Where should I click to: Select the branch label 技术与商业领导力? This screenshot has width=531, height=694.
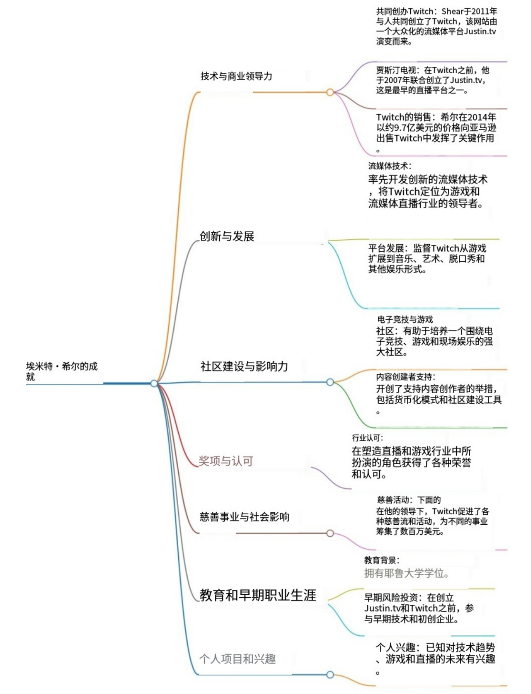pyautogui.click(x=236, y=76)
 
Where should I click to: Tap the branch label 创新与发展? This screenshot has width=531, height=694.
pyautogui.click(x=227, y=236)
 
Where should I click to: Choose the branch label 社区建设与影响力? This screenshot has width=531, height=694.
pyautogui.click(x=244, y=366)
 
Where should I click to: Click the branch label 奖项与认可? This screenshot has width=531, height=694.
pyautogui.click(x=226, y=461)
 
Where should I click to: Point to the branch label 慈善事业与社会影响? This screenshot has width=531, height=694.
pyautogui.click(x=244, y=517)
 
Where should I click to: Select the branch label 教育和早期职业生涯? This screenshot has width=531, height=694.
pyautogui.click(x=258, y=595)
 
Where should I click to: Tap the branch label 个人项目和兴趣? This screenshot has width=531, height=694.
pyautogui.click(x=237, y=659)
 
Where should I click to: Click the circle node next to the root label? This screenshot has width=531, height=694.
pyautogui.click(x=154, y=383)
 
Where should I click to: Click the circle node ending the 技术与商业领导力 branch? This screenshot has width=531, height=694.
pyautogui.click(x=330, y=92)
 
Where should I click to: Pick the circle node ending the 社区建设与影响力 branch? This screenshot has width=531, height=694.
pyautogui.click(x=330, y=382)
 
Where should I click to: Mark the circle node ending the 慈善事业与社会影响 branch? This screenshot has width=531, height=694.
pyautogui.click(x=330, y=533)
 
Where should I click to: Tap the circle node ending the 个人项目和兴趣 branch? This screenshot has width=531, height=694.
pyautogui.click(x=330, y=675)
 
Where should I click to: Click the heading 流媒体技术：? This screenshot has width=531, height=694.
pyautogui.click(x=390, y=166)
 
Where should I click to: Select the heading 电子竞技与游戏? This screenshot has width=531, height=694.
pyautogui.click(x=405, y=319)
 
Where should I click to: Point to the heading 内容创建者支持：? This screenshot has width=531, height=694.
pyautogui.click(x=405, y=377)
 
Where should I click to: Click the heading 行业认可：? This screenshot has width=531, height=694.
pyautogui.click(x=367, y=438)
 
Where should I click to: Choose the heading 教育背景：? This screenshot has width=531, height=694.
pyautogui.click(x=382, y=560)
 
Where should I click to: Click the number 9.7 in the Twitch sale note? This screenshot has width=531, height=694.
pyautogui.click(x=402, y=128)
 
